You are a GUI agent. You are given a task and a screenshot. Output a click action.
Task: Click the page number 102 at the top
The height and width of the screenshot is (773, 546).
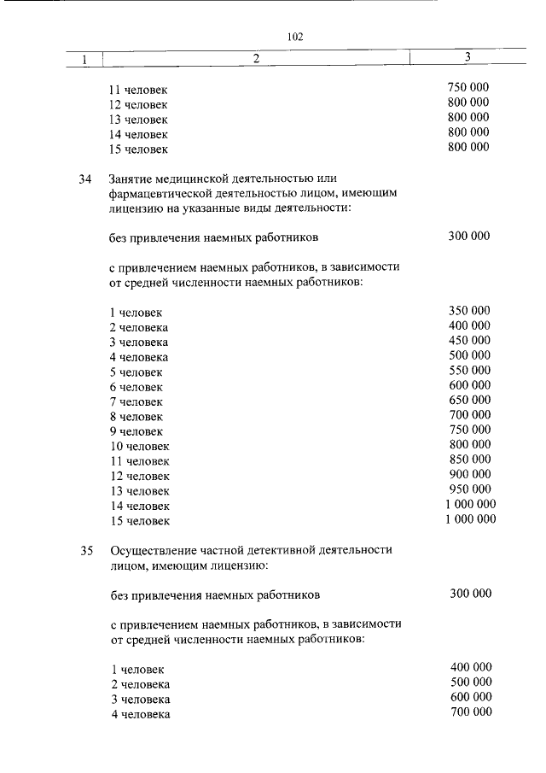click(296, 37)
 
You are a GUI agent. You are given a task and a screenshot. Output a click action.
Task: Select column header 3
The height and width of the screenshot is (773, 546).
click(468, 57)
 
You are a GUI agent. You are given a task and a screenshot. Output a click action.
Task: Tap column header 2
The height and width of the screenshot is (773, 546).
click(255, 58)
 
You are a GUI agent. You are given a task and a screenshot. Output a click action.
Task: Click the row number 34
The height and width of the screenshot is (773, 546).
click(84, 179)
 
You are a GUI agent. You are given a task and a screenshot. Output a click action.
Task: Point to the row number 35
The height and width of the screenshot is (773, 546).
click(84, 550)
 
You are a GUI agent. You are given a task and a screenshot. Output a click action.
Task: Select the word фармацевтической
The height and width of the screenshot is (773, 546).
click(160, 194)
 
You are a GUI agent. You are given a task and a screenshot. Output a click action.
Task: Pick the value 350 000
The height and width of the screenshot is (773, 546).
click(469, 311)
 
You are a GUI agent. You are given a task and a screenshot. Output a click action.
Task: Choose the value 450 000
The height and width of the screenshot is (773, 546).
click(469, 341)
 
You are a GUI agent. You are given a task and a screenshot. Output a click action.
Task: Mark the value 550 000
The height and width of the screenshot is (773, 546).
click(469, 371)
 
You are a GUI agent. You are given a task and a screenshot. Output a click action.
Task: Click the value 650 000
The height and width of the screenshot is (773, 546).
click(469, 400)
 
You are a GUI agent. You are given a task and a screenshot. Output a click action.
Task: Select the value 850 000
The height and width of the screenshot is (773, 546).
click(469, 460)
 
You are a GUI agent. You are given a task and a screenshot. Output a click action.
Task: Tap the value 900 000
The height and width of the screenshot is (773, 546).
click(469, 474)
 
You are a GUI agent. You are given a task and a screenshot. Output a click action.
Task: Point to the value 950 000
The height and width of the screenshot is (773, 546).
click(469, 489)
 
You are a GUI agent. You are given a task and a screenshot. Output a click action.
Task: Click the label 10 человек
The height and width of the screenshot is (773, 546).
click(140, 446)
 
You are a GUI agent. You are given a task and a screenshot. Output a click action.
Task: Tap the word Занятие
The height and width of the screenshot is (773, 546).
click(131, 179)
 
